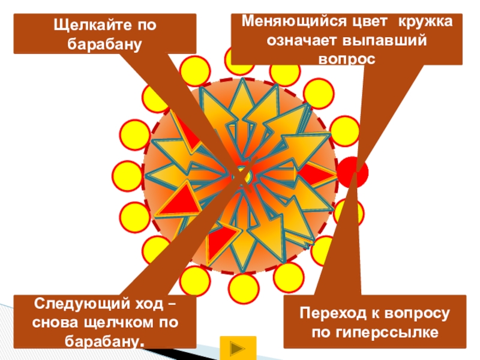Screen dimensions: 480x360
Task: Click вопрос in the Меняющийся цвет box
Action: [346, 58]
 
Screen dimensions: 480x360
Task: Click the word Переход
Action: [331, 314]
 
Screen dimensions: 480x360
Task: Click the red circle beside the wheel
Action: [352, 172]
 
